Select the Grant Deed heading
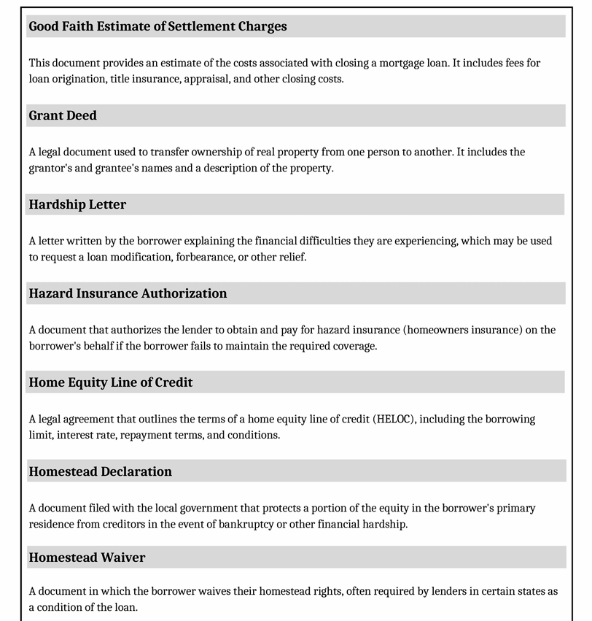[x=63, y=115]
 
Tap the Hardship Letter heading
[x=77, y=204]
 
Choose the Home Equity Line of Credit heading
[x=111, y=382]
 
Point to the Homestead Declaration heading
[x=101, y=471]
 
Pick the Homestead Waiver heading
[x=87, y=558]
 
